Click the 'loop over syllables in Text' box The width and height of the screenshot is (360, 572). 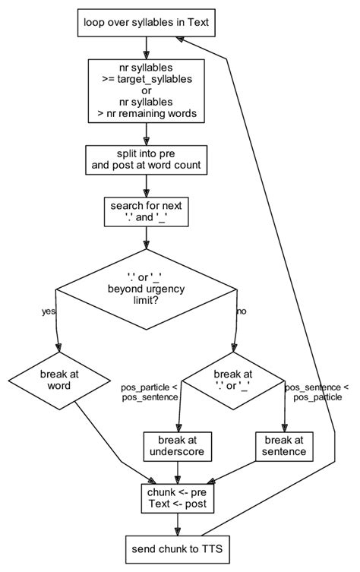click(x=146, y=23)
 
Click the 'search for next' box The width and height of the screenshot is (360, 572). click(x=146, y=212)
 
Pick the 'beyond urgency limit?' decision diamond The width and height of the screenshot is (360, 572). click(x=146, y=289)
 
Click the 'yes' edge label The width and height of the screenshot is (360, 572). click(x=48, y=311)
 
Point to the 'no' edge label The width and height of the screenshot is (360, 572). click(x=242, y=311)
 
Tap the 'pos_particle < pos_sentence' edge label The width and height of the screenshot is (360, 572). click(x=149, y=392)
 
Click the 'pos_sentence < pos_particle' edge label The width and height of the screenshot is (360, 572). click(x=317, y=392)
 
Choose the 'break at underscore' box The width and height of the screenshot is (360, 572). click(x=176, y=446)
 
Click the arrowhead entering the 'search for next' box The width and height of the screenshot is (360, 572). click(x=146, y=194)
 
